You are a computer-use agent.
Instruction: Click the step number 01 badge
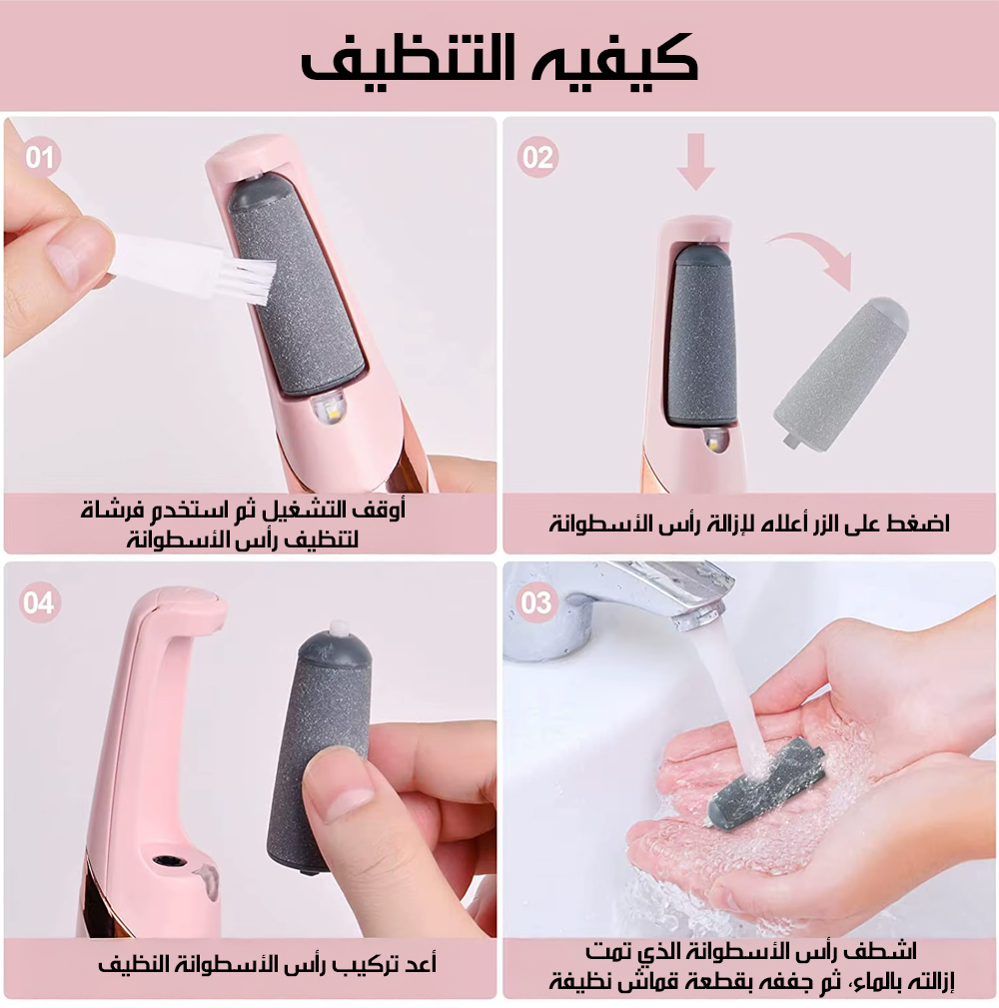tap(40, 157)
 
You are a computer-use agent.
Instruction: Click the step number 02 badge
tap(537, 157)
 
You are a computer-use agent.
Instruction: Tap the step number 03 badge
tap(536, 602)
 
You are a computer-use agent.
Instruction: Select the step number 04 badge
tap(39, 602)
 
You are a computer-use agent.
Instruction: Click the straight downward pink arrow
tap(695, 162)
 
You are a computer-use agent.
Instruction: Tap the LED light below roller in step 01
tap(328, 410)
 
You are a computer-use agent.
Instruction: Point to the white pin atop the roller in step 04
tap(336, 626)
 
